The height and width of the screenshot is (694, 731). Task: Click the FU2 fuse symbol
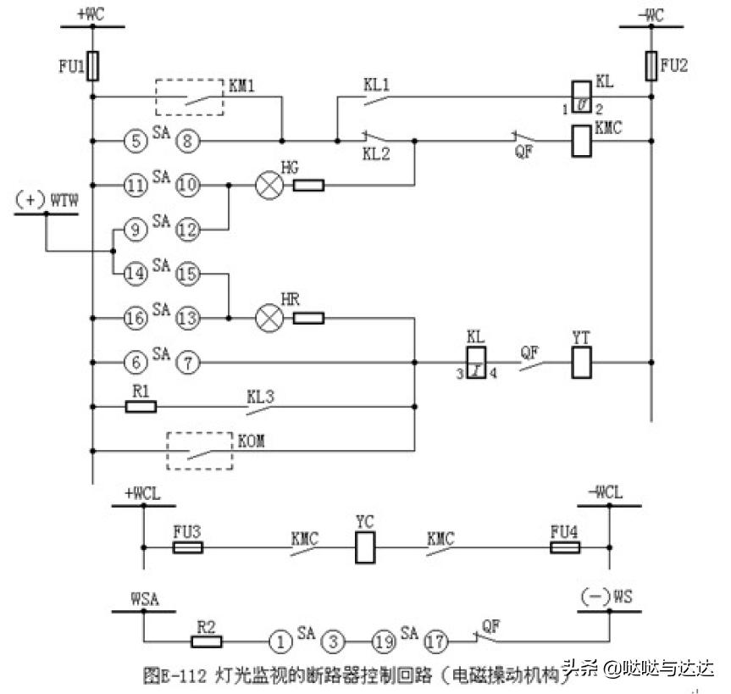[651, 64]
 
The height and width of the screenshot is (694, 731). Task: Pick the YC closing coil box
[364, 548]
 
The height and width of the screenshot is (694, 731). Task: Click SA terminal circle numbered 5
[135, 140]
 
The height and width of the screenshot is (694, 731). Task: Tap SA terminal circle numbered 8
[188, 140]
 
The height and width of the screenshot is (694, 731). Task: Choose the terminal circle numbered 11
[135, 184]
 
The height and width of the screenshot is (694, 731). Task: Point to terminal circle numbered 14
[135, 274]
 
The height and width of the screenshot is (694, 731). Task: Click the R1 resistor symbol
[141, 407]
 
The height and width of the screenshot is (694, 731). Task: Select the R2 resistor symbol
[208, 641]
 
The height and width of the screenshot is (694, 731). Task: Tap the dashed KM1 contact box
[189, 97]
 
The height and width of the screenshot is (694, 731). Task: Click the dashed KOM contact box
[199, 450]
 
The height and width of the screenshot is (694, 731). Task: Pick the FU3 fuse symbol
[187, 548]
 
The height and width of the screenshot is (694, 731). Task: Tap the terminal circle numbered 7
[188, 363]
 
